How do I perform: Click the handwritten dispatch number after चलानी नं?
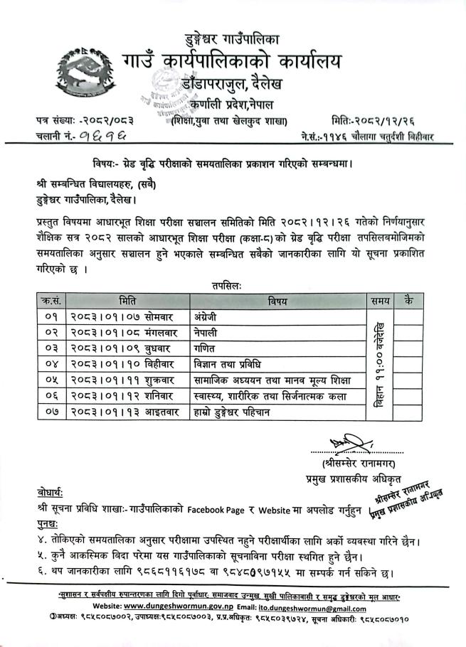pos(107,134)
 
